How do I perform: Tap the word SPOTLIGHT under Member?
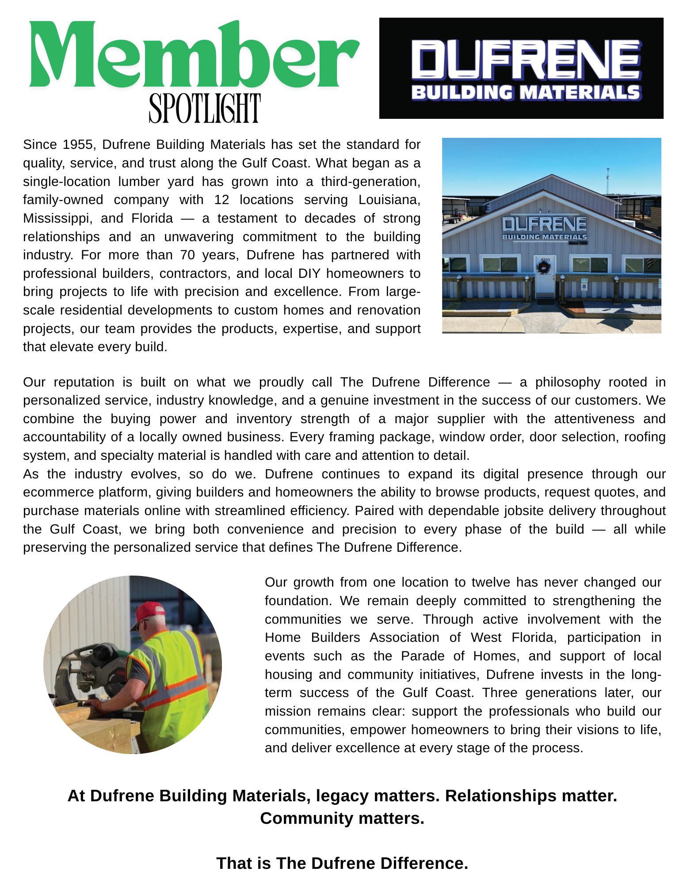[204, 108]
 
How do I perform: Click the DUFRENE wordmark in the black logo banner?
[525, 60]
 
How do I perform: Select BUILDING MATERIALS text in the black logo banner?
[525, 93]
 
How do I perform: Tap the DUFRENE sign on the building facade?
[544, 224]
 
